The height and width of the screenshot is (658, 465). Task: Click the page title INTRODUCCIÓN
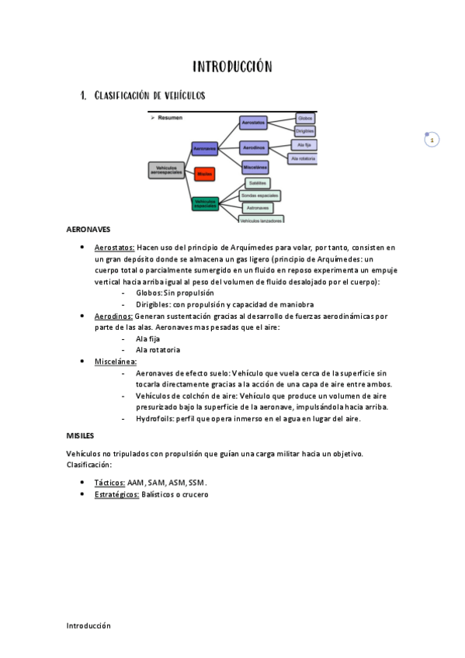coord(232,68)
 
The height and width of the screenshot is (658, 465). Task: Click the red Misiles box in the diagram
coord(205,174)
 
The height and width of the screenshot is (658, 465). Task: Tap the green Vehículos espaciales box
coord(205,203)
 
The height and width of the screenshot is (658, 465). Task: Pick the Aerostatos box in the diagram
coord(253,123)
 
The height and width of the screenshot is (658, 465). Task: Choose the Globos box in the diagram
coord(305,119)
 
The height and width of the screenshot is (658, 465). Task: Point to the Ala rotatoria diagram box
coord(302,158)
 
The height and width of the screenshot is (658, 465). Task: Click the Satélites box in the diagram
coord(258,183)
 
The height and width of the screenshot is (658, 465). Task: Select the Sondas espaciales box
coord(259,196)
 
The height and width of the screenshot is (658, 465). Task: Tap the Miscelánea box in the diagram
coord(255,167)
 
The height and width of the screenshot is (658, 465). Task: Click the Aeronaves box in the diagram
coord(205,147)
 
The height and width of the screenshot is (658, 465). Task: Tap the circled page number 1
coord(432,140)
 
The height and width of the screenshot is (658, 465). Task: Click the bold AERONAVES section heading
coord(88,230)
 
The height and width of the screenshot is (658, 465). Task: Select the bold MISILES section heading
coord(80,436)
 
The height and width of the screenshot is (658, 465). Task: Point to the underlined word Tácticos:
coord(109,483)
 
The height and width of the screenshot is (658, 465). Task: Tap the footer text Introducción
coord(88,625)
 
